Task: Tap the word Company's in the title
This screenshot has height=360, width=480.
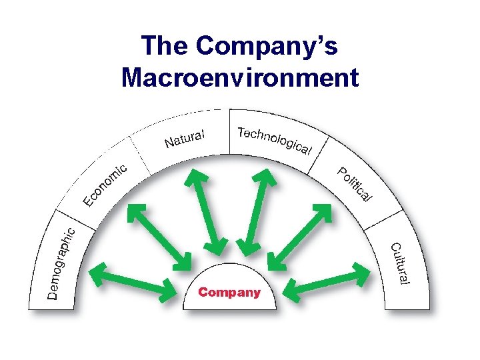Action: [267, 47]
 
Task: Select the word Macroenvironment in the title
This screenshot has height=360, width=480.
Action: [240, 77]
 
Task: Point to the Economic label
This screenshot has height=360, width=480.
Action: [104, 183]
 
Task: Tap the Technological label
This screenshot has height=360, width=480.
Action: [274, 139]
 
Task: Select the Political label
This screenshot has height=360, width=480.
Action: [354, 183]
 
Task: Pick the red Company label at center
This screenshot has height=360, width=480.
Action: [229, 293]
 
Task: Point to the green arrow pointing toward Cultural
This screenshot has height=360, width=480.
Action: [327, 280]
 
